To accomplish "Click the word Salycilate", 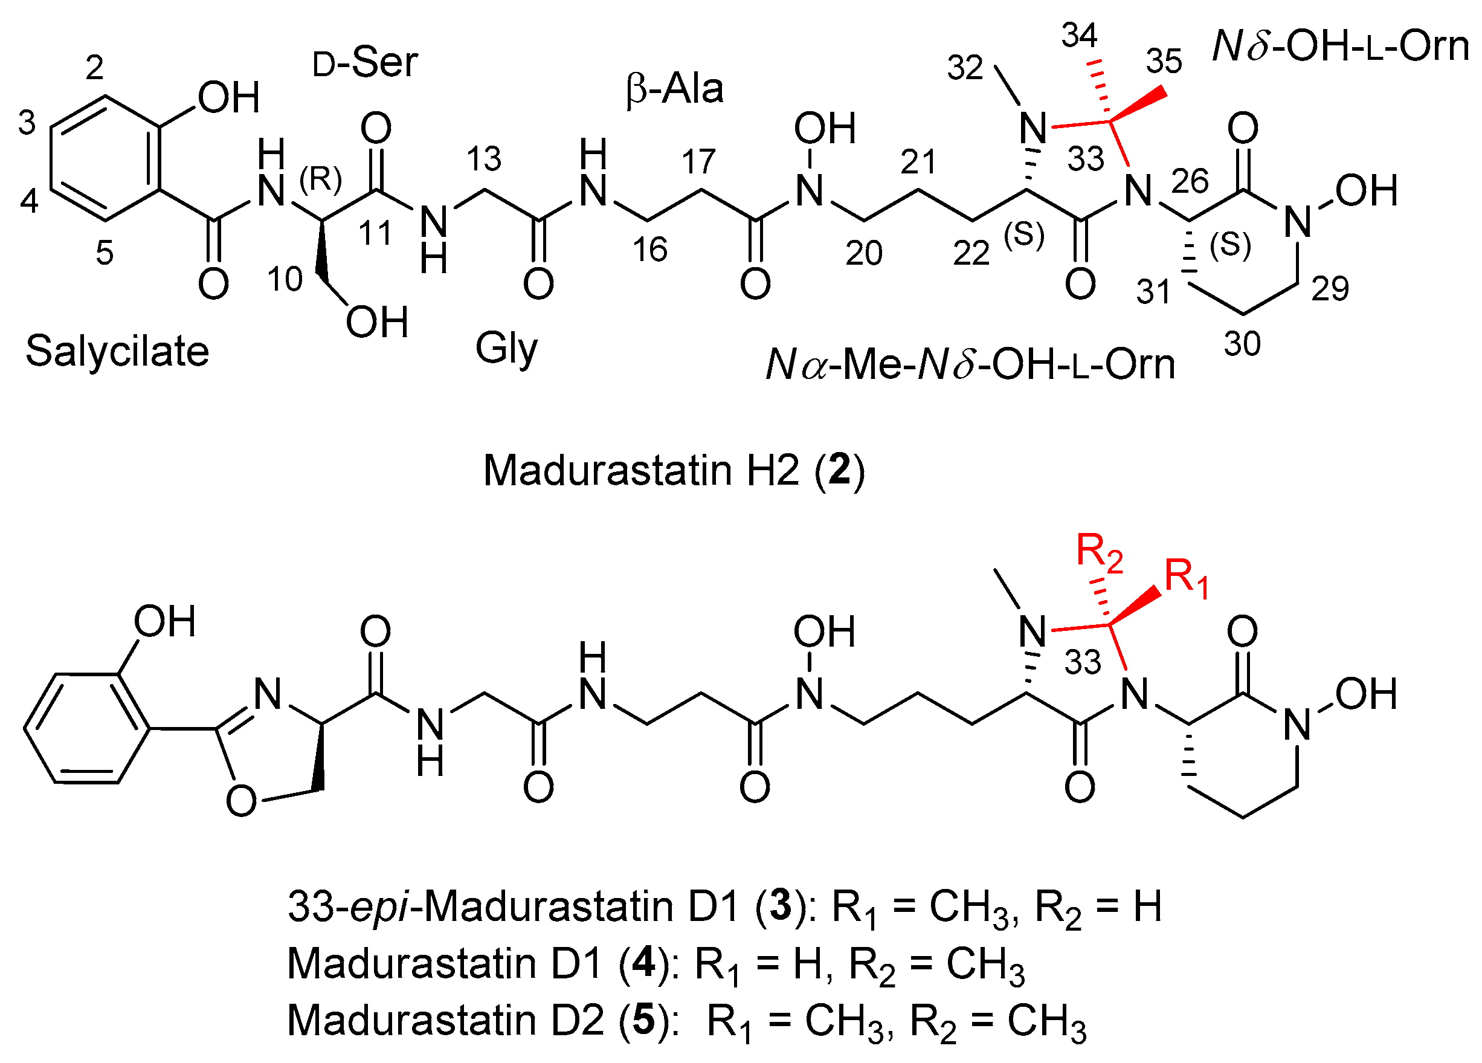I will coord(117,351).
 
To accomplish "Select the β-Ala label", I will coord(674,89).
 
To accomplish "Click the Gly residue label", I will coord(506,348).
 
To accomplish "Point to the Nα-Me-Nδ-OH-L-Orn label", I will coord(970,365).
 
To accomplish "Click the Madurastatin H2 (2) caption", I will coord(673,470).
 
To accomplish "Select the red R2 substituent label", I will coord(1100,552).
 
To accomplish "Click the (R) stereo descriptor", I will coord(321,179).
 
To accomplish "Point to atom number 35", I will coord(1164,62).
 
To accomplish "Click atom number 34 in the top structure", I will coord(1079,35).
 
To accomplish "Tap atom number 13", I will coord(483,159).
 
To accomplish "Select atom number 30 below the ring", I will coord(1242,344).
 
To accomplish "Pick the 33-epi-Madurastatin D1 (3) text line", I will coord(724,908).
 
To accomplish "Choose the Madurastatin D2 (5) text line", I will coord(686,1021).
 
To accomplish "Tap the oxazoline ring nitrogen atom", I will coord(268,694).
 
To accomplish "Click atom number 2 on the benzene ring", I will coord(95,67).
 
